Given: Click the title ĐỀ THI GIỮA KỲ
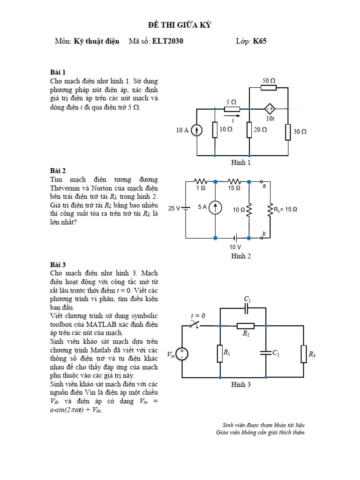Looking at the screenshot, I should point(180,25).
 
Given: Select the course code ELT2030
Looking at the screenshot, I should point(168,41).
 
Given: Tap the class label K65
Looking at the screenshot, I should point(260,41).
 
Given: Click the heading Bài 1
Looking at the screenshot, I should point(58,72).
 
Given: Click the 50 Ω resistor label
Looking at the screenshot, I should point(269,81).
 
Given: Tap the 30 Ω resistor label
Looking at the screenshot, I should point(300,132).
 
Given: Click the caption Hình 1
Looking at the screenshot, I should point(241,163).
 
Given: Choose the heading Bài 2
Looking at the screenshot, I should point(58,171).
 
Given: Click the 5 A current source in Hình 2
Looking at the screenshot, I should point(215,207).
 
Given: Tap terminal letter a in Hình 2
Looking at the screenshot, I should point(264,186).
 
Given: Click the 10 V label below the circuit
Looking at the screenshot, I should point(235,247).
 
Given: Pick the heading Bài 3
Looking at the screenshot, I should point(58,264).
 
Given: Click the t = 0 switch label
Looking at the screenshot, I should point(198,316).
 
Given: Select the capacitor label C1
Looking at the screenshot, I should point(247,299).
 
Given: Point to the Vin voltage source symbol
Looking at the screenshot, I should point(182,354).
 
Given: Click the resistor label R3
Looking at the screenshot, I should point(312,355).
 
